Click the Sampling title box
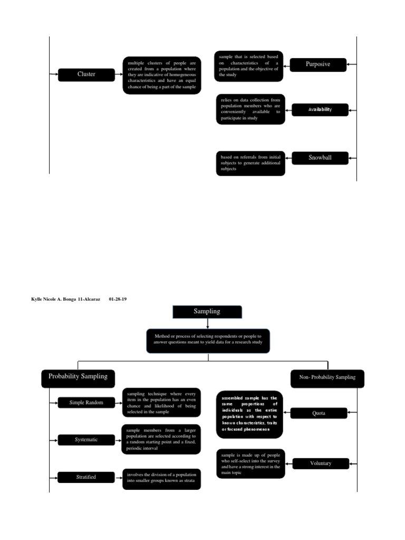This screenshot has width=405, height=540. point(207,312)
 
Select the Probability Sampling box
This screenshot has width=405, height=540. point(78,377)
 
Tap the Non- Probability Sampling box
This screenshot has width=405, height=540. point(327,378)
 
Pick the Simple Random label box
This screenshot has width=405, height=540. point(86,403)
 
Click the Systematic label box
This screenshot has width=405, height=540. point(86,440)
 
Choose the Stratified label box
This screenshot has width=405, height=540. point(86,477)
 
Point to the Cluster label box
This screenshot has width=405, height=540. point(86,74)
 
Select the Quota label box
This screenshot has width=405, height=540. point(319,413)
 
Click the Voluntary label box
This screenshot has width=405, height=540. point(321,464)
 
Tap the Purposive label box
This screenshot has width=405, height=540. point(317,64)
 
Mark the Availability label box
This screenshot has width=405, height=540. point(320,110)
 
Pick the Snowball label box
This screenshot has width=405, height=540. point(320,157)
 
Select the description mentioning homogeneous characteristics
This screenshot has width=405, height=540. point(162,75)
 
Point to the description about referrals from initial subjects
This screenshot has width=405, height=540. point(250,163)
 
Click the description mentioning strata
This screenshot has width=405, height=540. point(161,479)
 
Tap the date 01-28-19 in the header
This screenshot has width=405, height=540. point(118,299)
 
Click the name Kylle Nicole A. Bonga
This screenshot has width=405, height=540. point(54,299)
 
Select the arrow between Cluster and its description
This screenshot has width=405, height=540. point(119,74)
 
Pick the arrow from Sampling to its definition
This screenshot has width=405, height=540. point(208,323)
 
